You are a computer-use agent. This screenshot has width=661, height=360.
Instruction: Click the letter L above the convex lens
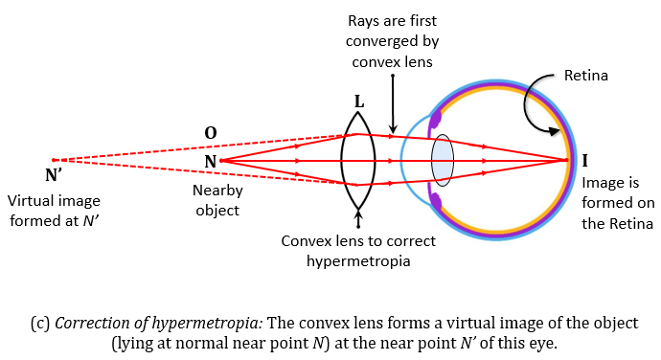click(358, 102)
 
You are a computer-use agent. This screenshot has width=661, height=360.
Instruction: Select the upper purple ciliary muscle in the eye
click(435, 119)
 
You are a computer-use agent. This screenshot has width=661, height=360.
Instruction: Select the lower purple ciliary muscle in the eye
click(436, 201)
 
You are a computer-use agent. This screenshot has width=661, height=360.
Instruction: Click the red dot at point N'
click(54, 160)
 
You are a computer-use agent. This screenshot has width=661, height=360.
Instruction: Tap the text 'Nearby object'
click(218, 199)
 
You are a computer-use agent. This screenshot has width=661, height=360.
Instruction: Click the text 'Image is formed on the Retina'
click(617, 202)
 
